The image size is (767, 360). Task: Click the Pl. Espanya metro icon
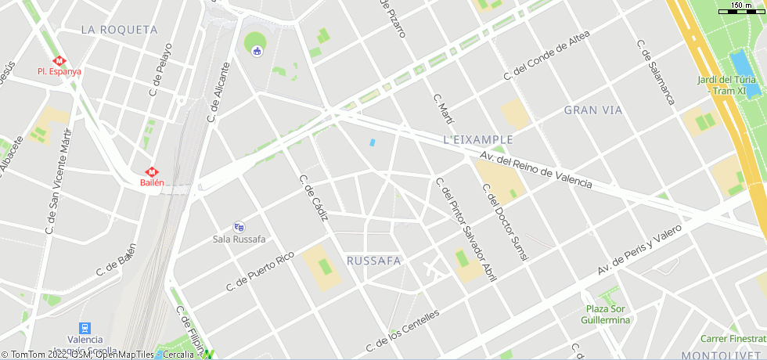click(x=59, y=60)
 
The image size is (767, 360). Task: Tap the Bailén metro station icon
click(x=152, y=171)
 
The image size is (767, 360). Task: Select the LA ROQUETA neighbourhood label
click(x=119, y=30)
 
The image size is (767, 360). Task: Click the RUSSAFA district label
click(x=373, y=260)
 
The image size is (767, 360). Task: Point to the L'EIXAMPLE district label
click(x=477, y=139)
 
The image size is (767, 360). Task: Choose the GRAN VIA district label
click(x=593, y=110)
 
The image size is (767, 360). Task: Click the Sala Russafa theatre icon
click(x=239, y=226)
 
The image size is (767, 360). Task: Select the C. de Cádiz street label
click(x=314, y=197)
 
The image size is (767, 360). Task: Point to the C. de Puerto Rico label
click(x=260, y=271)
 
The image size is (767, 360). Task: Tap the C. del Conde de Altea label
click(x=546, y=60)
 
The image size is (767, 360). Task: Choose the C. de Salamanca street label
click(x=656, y=72)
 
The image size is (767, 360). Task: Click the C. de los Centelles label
click(x=402, y=330)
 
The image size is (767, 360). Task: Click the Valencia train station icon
click(x=85, y=328)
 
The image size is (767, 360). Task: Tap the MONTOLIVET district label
click(x=722, y=355)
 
